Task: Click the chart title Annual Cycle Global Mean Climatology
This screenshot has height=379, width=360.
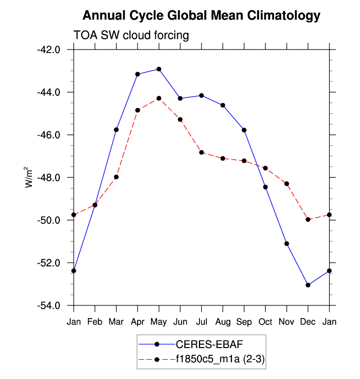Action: click(x=201, y=16)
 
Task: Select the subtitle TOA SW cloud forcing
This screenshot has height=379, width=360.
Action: click(x=131, y=35)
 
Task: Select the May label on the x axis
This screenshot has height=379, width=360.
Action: click(x=159, y=322)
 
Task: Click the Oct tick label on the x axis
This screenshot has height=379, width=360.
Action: click(x=265, y=322)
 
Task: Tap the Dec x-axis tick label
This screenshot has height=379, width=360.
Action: click(x=308, y=322)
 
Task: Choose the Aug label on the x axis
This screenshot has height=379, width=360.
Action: click(x=222, y=322)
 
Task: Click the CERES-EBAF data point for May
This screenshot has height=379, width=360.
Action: click(x=159, y=69)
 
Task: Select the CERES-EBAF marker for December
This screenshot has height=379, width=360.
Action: click(x=308, y=285)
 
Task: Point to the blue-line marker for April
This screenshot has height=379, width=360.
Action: click(x=138, y=74)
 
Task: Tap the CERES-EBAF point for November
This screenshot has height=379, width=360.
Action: click(x=286, y=244)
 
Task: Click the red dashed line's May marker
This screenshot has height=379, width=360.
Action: click(x=159, y=98)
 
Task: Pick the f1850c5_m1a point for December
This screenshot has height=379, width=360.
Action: click(x=308, y=219)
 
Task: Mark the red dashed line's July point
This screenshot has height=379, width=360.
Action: click(x=201, y=152)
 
